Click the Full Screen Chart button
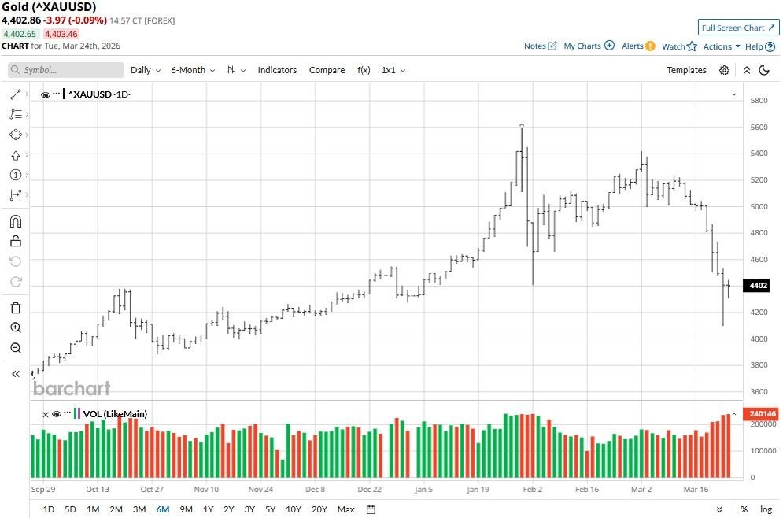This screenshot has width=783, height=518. point(738,28)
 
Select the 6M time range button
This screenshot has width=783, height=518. point(163,509)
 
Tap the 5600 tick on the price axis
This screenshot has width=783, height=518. point(759,127)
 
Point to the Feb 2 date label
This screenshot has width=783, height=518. point(533,489)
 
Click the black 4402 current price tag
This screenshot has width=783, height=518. point(759,285)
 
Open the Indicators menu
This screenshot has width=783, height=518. point(277,70)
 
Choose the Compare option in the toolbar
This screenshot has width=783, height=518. point(327,70)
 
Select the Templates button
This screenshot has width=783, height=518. point(686,70)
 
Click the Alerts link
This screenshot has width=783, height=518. point(637,46)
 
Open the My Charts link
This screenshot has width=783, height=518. point(588,46)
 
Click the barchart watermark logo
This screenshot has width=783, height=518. point(72,388)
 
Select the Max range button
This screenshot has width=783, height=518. point(345,509)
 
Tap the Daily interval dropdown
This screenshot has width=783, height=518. point(145,70)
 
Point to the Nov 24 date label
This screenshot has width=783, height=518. point(260,489)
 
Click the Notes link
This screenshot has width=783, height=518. point(540,46)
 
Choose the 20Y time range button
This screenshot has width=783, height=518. point(319,509)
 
